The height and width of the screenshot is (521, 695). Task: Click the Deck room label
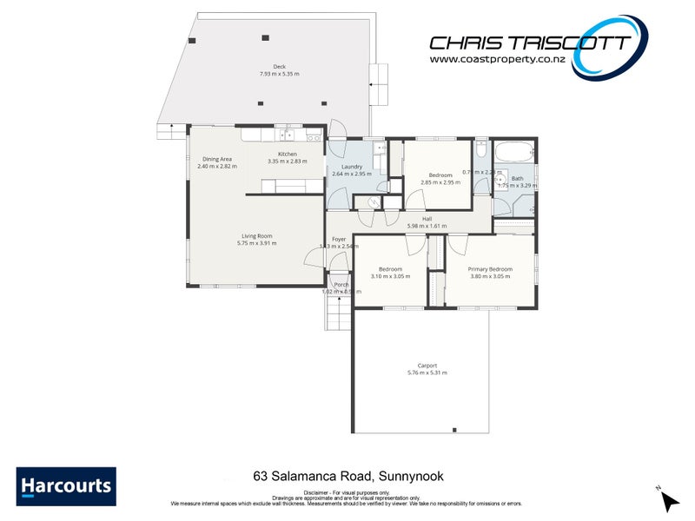279,67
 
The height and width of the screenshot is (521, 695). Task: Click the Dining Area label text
217,159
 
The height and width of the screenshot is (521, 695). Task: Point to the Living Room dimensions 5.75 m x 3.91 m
256,244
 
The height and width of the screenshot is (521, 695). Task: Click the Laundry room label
351,167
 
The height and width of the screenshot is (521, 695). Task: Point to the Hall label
427,219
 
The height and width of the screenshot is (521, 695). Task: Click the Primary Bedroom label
490,269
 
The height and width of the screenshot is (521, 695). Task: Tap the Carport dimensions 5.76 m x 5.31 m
427,373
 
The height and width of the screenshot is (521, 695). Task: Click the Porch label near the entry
341,284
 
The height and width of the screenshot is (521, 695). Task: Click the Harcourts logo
65,486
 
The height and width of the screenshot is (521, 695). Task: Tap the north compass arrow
668,501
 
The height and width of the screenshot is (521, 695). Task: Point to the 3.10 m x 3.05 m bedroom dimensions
389,276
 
